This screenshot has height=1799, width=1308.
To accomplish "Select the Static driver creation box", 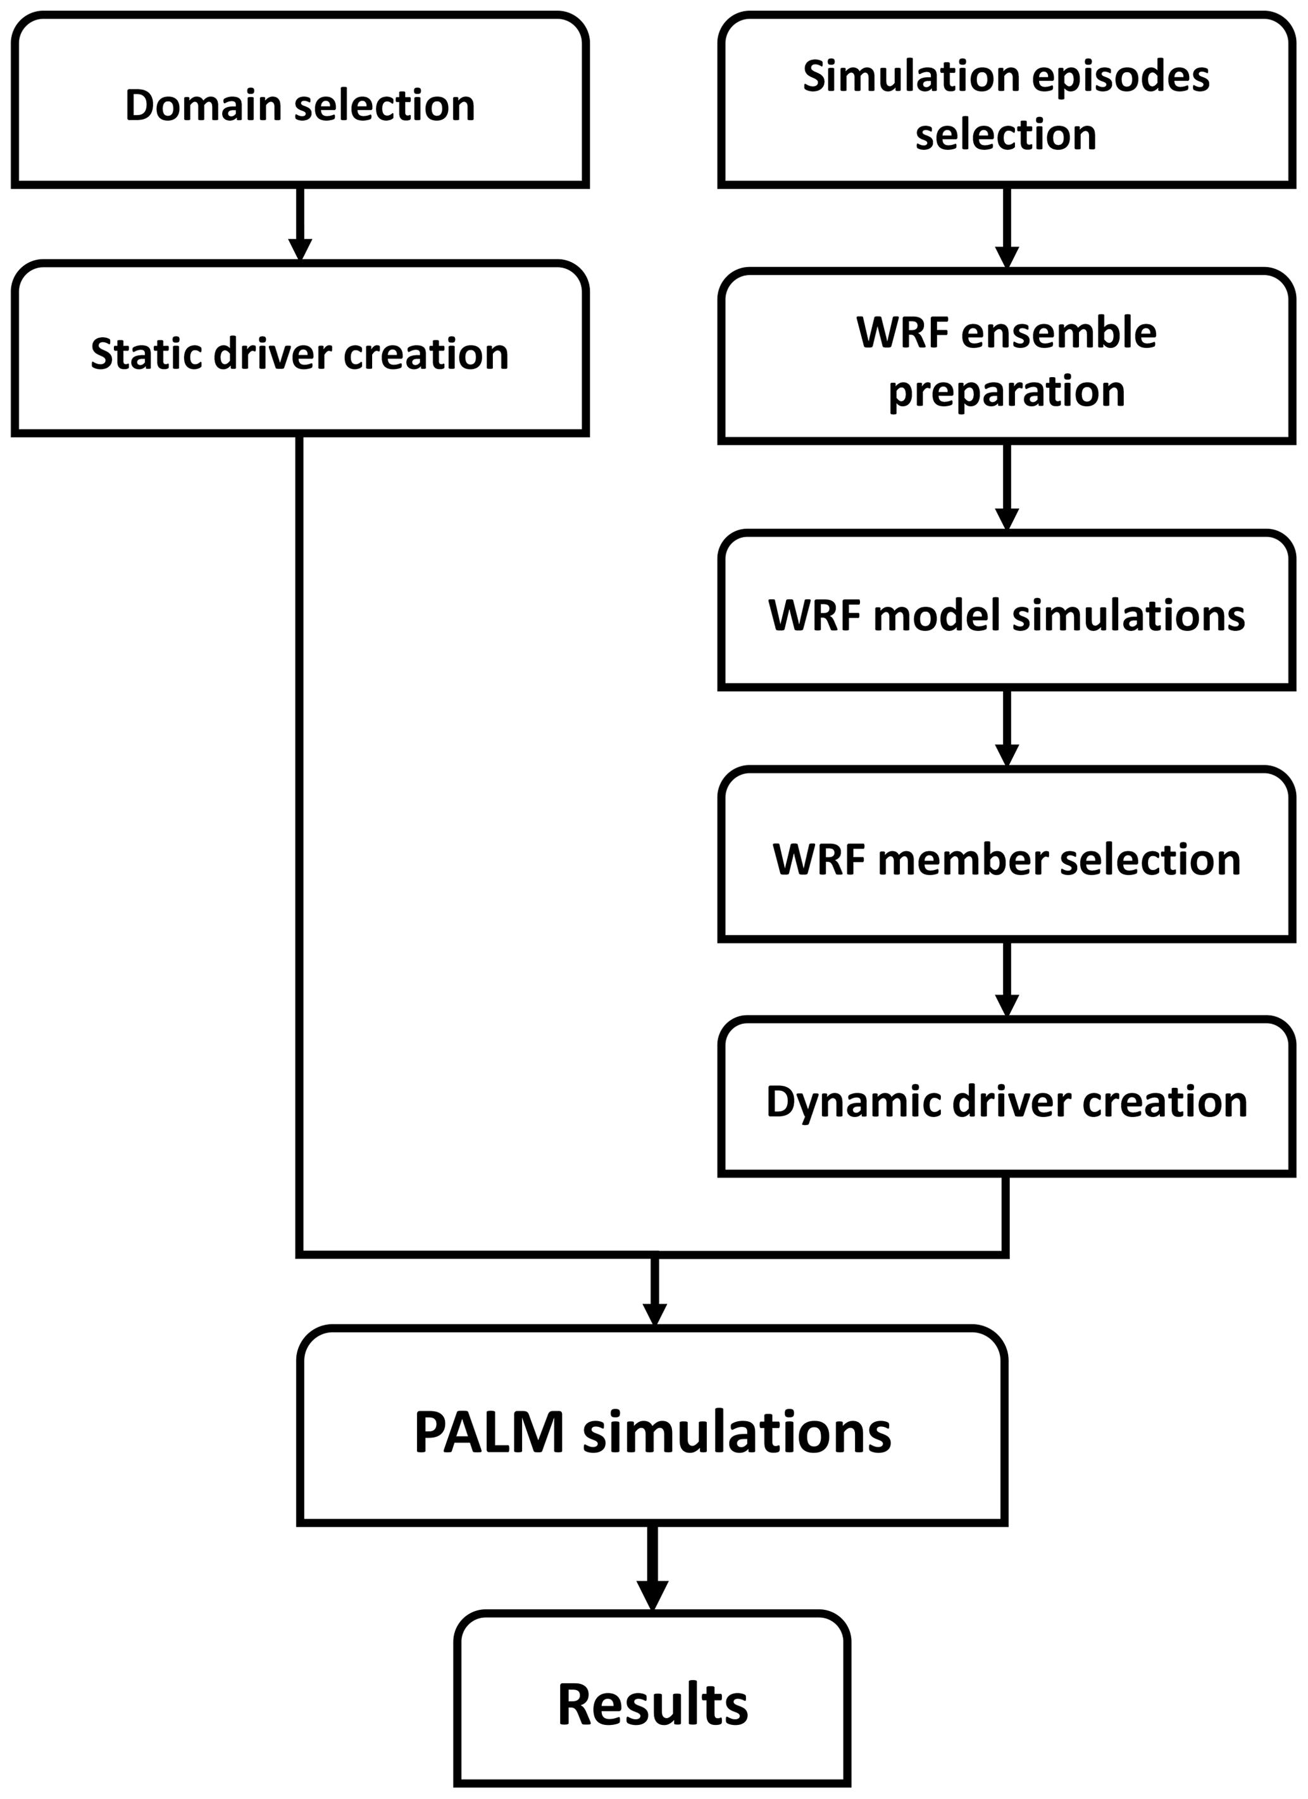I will pos(300,349).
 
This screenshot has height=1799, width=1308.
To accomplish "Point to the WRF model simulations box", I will pos(1006,609).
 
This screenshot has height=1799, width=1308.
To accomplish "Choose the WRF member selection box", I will pos(1006,855).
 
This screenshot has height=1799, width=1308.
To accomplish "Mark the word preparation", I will pos(1006,392).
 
